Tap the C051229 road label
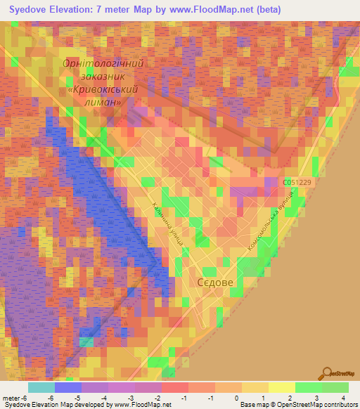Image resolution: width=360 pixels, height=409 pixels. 297,182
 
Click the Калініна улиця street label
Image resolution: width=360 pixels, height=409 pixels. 168,224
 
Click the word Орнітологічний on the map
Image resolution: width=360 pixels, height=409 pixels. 103,64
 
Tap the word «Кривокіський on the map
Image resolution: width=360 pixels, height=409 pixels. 103,90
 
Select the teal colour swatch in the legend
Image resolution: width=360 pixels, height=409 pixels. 41,387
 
